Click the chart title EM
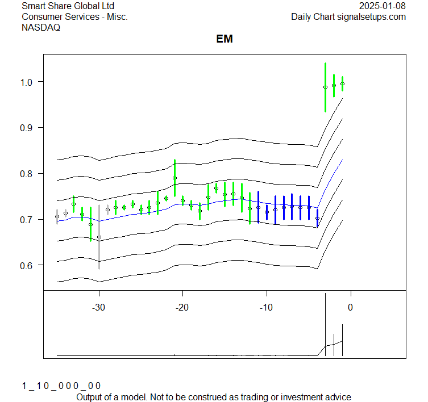click(x=225, y=39)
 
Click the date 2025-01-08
click(x=383, y=6)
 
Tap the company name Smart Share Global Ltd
click(x=68, y=6)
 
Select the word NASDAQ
click(x=41, y=27)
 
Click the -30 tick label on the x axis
click(x=98, y=307)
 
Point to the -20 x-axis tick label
click(x=182, y=307)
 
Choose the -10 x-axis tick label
click(x=265, y=307)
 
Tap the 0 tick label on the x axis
click(x=350, y=307)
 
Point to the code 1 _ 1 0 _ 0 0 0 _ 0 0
click(x=61, y=386)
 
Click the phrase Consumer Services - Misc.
click(x=74, y=17)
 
